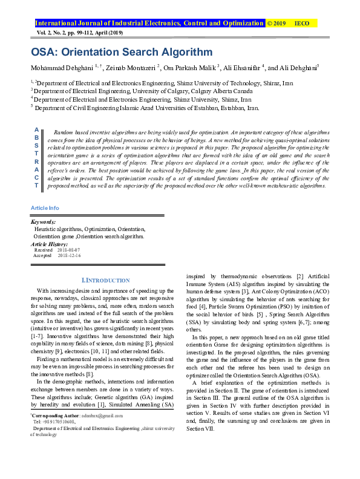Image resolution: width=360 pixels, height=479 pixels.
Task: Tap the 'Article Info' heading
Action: click(45, 208)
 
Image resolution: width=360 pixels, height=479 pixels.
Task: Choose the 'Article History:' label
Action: click(50, 243)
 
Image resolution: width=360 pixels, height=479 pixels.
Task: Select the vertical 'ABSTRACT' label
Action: click(37, 158)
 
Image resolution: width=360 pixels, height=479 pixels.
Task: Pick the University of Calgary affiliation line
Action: click(110, 90)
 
